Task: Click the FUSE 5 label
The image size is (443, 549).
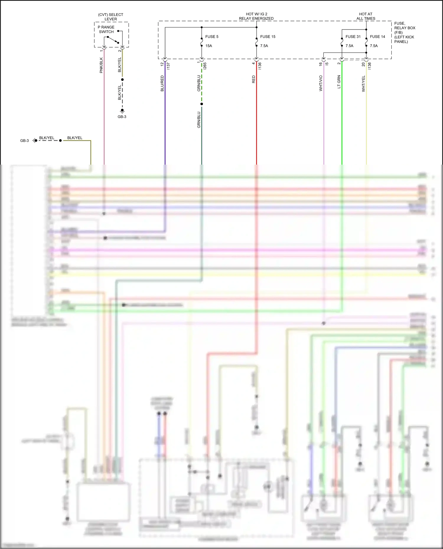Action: coord(212,37)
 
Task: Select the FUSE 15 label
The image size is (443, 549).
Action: coord(268,37)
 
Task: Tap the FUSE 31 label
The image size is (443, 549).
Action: coord(353,37)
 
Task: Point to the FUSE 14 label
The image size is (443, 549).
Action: coord(377,37)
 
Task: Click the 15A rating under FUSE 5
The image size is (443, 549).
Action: coord(209,46)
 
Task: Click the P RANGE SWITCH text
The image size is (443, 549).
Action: coord(106,30)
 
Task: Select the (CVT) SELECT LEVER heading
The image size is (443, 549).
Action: coord(110,17)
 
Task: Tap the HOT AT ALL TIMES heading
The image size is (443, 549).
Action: coord(366,16)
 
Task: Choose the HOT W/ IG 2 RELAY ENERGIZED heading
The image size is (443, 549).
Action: coord(256,16)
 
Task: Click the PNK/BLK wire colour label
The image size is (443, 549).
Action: coord(101,65)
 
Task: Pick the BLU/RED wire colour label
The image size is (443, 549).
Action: coord(162,83)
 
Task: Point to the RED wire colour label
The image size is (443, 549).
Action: coord(254,79)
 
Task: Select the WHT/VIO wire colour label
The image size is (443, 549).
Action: coord(321,83)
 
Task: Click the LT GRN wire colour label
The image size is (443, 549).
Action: coord(339,82)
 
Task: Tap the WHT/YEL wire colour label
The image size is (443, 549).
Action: coord(363,83)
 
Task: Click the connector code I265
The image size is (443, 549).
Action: coord(205,66)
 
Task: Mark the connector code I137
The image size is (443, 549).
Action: coord(168,66)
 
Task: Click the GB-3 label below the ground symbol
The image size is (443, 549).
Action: coord(122,117)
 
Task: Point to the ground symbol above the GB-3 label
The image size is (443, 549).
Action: coord(122,111)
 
